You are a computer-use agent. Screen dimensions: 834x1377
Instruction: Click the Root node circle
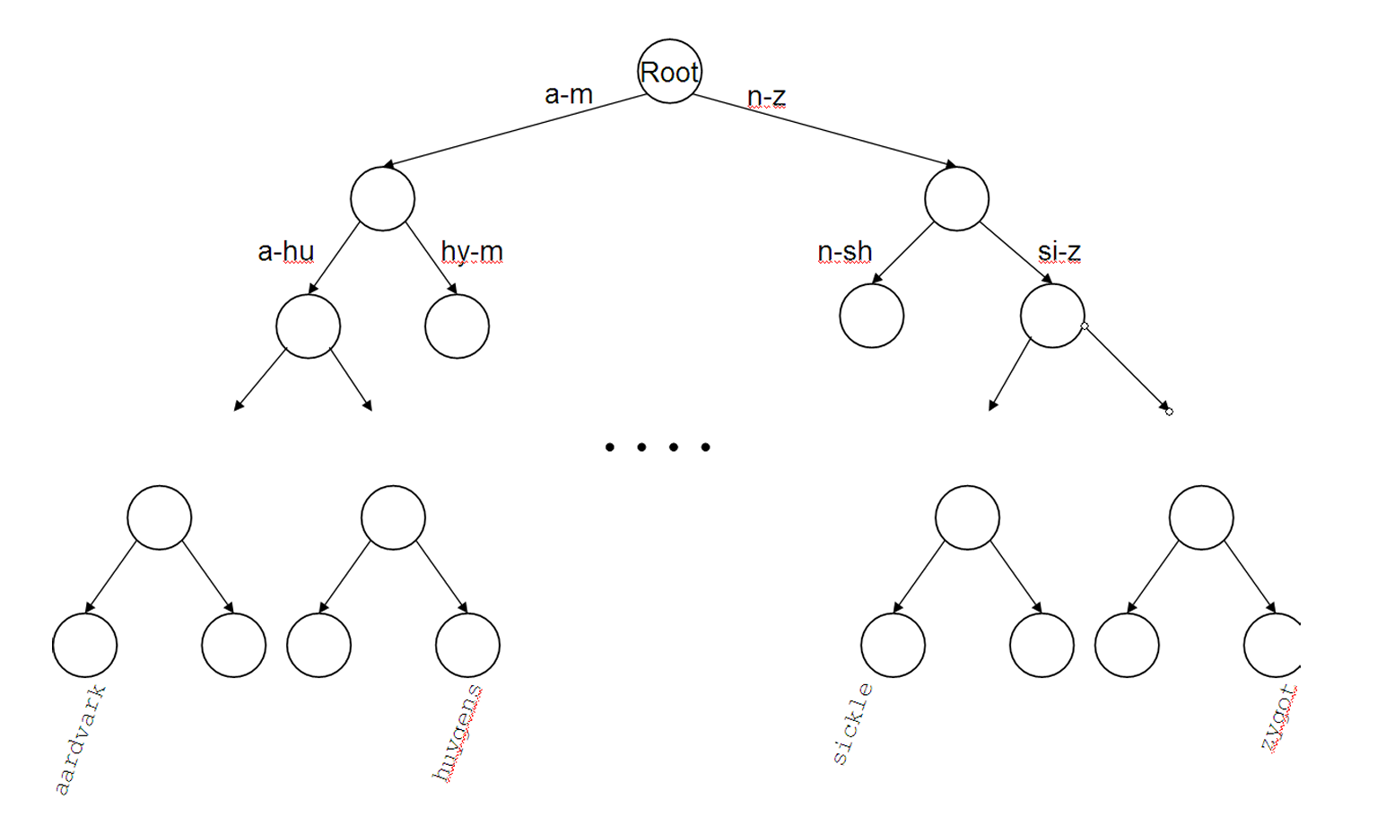(x=669, y=72)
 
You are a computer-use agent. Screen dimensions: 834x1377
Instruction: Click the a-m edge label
(x=569, y=94)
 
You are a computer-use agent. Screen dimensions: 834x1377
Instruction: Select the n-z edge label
(x=766, y=96)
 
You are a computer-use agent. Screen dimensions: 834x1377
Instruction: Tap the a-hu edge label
(x=285, y=251)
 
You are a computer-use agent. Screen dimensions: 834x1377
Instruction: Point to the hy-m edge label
(x=472, y=252)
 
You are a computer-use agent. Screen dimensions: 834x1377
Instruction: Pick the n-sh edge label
(x=844, y=252)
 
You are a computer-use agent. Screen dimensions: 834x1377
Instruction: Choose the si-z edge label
(x=1059, y=252)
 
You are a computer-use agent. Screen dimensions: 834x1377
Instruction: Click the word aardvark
(x=81, y=740)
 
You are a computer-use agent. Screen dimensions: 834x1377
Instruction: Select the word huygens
(x=458, y=734)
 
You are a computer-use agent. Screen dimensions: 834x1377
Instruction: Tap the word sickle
(x=852, y=724)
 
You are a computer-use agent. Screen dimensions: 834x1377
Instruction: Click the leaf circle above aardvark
(x=84, y=645)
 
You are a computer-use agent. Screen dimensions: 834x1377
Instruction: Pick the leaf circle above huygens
(x=467, y=645)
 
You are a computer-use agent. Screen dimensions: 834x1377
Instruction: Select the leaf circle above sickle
(x=893, y=645)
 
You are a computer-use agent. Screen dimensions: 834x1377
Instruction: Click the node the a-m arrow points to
(x=382, y=198)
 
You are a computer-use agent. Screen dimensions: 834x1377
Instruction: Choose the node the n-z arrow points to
(x=956, y=198)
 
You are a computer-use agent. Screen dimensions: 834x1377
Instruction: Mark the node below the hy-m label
(x=457, y=326)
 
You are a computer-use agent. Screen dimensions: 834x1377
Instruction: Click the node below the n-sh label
(x=871, y=316)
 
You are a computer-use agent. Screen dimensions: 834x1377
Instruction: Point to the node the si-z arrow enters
(x=1052, y=316)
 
